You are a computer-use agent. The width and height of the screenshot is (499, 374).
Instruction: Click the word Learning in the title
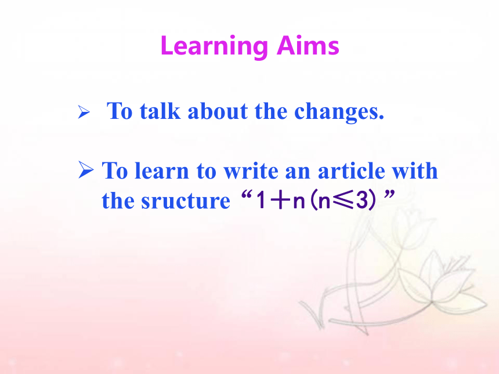click(214, 47)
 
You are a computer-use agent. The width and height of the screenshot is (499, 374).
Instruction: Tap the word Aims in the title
click(308, 45)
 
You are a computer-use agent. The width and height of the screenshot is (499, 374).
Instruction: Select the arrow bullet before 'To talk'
click(84, 112)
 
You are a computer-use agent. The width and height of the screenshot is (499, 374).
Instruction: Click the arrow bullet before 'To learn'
click(86, 169)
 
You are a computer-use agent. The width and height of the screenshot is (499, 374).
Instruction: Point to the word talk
click(160, 111)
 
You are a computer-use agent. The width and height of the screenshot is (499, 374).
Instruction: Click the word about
click(218, 111)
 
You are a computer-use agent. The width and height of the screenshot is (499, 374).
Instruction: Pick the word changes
click(339, 112)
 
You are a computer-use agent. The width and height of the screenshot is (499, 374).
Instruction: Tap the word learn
click(162, 171)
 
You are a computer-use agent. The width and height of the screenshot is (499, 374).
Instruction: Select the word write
click(251, 171)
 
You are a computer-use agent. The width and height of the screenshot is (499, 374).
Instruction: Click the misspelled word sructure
click(186, 201)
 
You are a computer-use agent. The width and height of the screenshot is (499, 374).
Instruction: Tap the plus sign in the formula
click(280, 201)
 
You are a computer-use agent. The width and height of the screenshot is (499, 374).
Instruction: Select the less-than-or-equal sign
click(343, 201)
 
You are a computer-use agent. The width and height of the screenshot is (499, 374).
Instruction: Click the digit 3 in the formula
click(362, 201)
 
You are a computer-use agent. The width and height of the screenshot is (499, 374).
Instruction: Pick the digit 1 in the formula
click(261, 201)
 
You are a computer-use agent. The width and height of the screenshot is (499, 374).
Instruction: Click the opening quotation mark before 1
click(247, 195)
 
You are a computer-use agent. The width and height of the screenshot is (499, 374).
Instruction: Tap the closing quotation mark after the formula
click(389, 194)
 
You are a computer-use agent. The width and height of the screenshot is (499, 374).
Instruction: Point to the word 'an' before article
click(298, 172)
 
